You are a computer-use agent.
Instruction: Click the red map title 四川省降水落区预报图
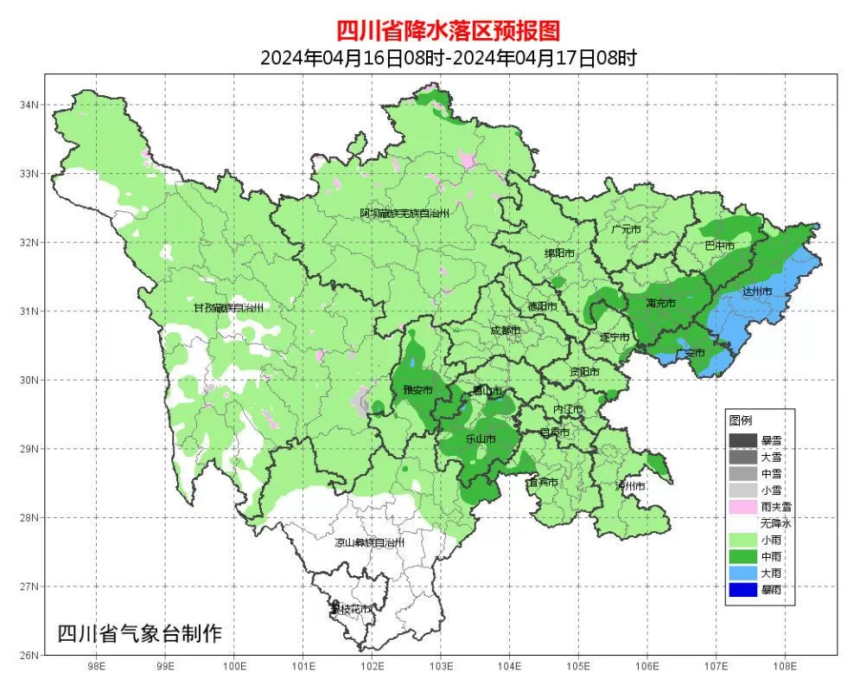[448, 31]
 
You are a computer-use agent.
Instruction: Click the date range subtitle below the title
[448, 58]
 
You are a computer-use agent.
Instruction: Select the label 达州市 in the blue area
[757, 292]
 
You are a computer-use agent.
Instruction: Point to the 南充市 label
[661, 304]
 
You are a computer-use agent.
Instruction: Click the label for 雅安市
[417, 390]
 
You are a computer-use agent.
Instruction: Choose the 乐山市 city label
[480, 439]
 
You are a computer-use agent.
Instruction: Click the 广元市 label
[625, 230]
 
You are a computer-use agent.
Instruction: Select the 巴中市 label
[719, 246]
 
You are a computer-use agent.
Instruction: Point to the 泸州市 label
[630, 487]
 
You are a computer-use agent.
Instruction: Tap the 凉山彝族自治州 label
[369, 542]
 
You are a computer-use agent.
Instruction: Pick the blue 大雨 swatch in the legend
[742, 573]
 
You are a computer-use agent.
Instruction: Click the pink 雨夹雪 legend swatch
[742, 507]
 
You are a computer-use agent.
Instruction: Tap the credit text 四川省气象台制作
[139, 633]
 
